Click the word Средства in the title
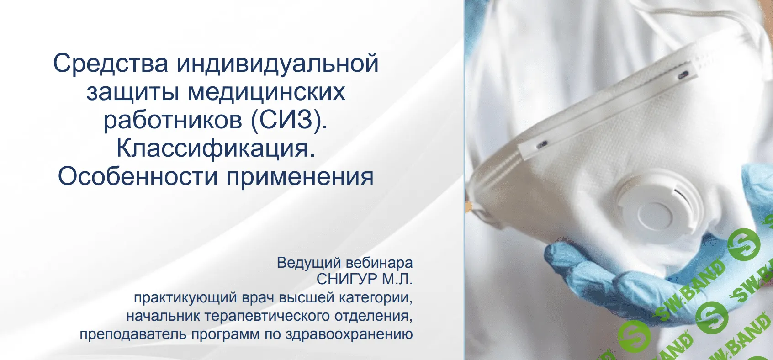point(111,64)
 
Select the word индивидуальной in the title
point(278,64)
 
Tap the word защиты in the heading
point(132,92)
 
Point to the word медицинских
point(267,92)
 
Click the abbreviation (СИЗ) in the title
point(288,120)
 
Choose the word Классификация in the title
point(216,148)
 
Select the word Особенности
point(138,176)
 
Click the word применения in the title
point(300,176)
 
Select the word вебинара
point(379,263)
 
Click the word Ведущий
point(309,263)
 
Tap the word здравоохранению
point(349,334)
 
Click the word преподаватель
point(133,334)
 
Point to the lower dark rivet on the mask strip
point(543,144)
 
